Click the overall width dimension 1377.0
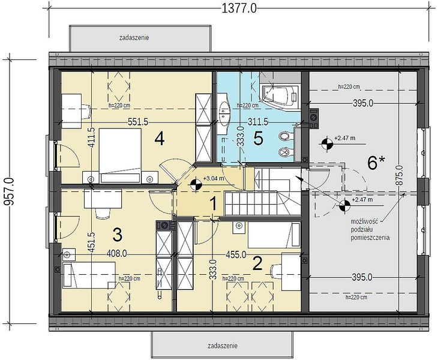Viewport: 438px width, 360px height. click(239, 8)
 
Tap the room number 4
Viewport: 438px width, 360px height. click(160, 139)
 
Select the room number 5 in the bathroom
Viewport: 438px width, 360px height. click(258, 138)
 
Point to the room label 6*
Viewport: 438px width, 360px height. click(376, 163)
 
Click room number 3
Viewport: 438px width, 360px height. click(118, 235)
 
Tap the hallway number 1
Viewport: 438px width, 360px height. click(213, 203)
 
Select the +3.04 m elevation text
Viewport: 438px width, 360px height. click(214, 178)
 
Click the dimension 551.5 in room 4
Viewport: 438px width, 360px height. click(138, 122)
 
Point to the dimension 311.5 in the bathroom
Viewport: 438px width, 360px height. click(258, 122)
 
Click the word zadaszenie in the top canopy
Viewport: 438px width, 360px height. click(134, 37)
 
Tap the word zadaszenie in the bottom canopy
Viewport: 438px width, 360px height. click(223, 346)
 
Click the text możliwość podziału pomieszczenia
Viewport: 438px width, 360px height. click(370, 230)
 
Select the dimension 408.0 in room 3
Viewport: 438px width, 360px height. click(117, 254)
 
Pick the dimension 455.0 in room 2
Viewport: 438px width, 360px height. click(236, 254)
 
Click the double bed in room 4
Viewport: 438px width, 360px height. click(120, 156)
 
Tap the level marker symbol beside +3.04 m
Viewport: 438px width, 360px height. click(195, 185)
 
